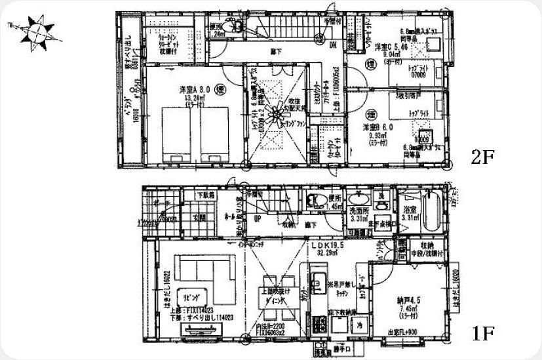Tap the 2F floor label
(x=482, y=157)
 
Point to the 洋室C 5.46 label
(x=392, y=48)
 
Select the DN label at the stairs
(x=332, y=45)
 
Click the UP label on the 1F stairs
(x=258, y=218)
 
